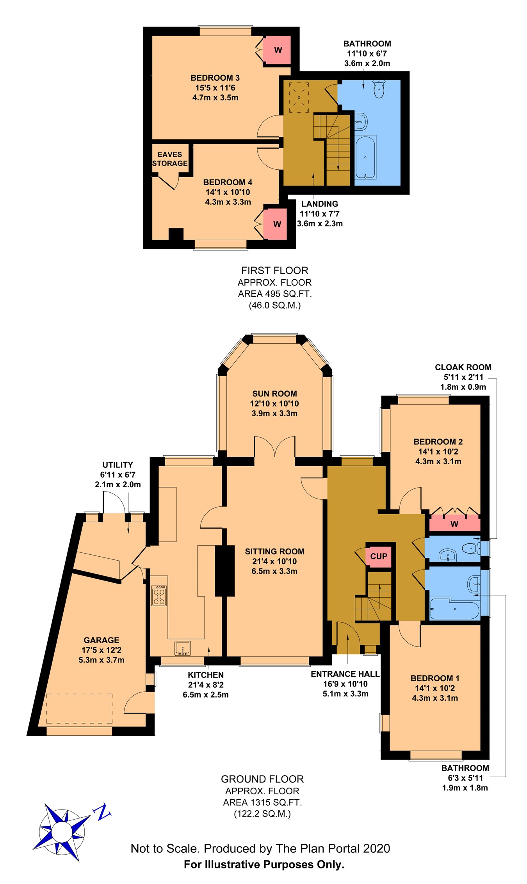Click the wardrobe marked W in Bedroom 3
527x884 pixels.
tap(277, 50)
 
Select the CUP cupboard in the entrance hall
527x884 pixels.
tap(378, 556)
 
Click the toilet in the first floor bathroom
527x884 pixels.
tap(379, 89)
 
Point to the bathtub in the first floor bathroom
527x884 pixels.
tap(365, 157)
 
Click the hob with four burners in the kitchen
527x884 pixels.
tap(159, 596)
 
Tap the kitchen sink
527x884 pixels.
tap(182, 648)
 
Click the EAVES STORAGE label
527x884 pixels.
tap(170, 159)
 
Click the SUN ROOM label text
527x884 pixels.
tap(274, 394)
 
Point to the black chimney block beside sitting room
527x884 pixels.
tap(225, 571)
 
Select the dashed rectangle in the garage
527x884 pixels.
tap(79, 708)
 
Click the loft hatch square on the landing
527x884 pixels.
tap(299, 97)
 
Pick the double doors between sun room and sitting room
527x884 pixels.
tap(275, 447)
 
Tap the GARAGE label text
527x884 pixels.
tap(101, 640)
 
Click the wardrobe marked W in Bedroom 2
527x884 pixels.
tap(454, 524)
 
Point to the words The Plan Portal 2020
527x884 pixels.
tap(333, 848)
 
